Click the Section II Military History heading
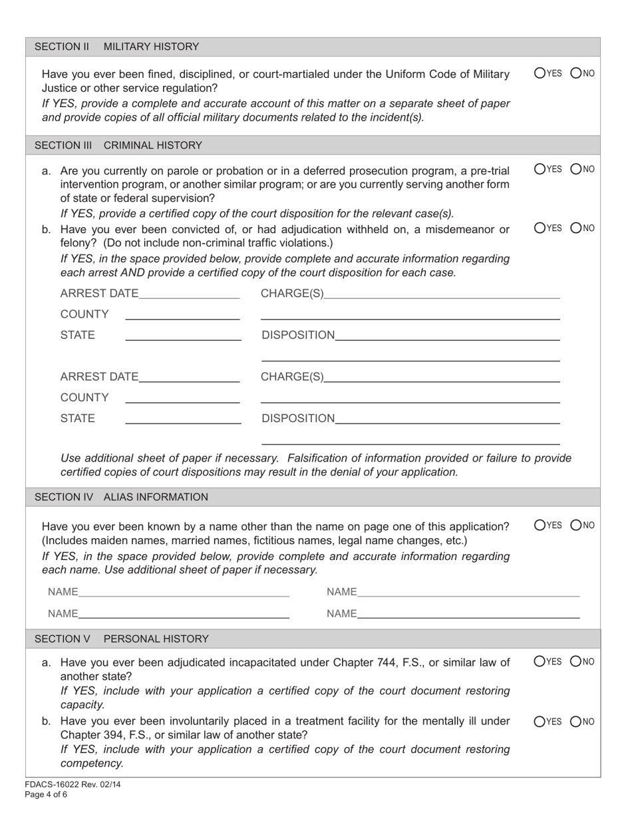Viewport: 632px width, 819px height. (116, 47)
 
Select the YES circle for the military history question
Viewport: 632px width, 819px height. (540, 73)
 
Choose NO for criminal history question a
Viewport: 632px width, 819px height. (576, 169)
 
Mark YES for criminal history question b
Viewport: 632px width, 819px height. (540, 228)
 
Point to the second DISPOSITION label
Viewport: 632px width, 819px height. (298, 418)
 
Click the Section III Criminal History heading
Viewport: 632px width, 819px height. (118, 145)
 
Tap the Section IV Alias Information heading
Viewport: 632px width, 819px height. (120, 497)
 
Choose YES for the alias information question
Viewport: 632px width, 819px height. (540, 525)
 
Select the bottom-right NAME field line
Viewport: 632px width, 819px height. (468, 614)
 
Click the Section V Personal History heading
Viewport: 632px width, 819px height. (121, 639)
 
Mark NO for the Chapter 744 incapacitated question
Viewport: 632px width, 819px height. (576, 662)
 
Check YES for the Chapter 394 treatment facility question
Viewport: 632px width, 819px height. (540, 721)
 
